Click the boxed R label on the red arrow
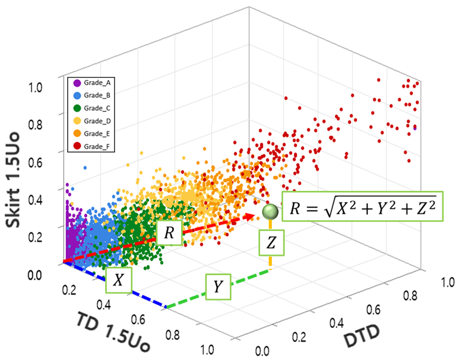(x=169, y=233)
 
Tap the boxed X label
(x=118, y=280)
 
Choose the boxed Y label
(x=218, y=287)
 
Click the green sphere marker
(x=270, y=212)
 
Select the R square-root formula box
(x=363, y=206)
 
